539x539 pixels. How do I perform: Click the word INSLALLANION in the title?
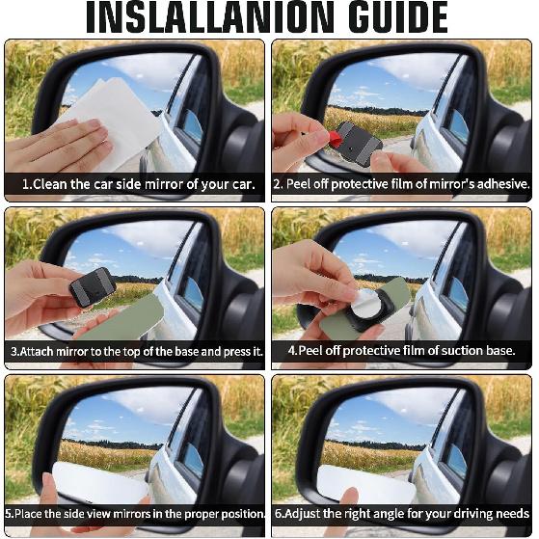tap(177, 18)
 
